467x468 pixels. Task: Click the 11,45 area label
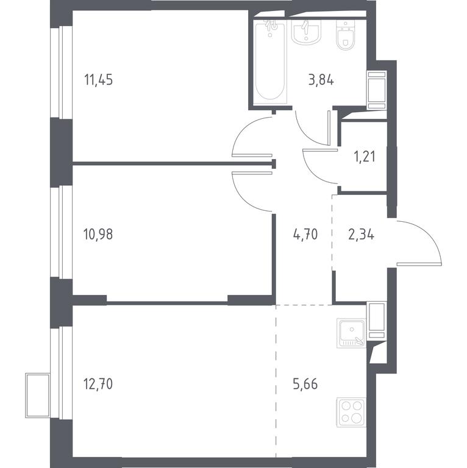99,80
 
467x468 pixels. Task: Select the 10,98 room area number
98,234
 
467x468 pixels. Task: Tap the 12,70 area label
98,384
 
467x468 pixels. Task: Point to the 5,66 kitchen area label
305,384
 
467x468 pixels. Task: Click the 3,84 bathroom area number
321,80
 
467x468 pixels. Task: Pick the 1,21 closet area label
365,157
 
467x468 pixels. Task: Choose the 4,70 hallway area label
305,234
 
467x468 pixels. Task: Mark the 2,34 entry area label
361,234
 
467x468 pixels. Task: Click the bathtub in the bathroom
270,62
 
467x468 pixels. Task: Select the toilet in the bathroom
346,34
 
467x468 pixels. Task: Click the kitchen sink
351,333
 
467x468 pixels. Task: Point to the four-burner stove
351,412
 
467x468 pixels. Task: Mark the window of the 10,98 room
61,232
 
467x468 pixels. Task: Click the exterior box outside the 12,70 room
38,395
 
